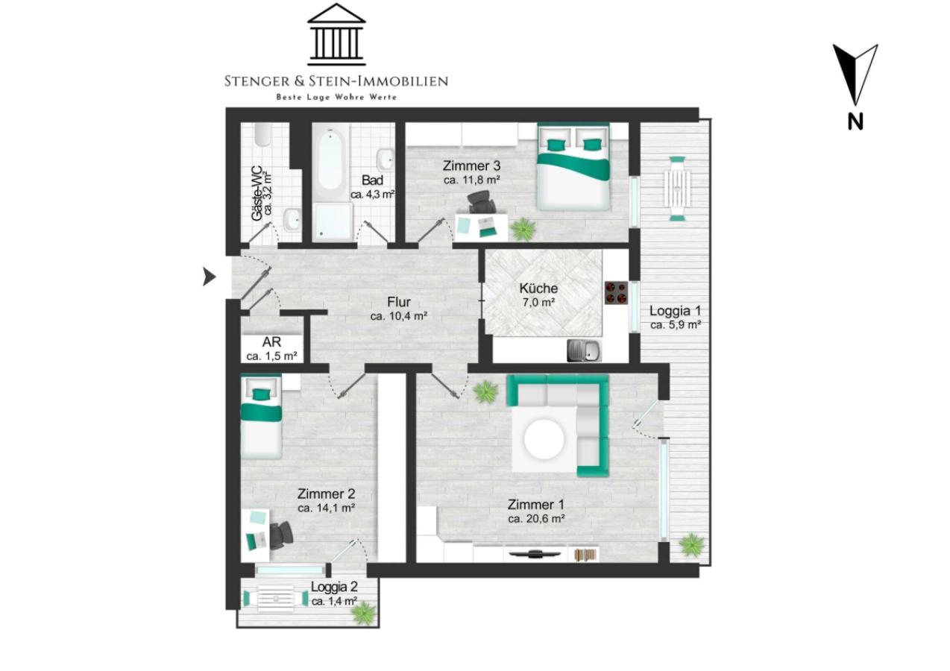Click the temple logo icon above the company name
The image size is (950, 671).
click(x=336, y=34)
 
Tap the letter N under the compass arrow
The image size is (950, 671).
click(x=855, y=122)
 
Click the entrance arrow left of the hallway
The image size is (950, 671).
click(x=209, y=277)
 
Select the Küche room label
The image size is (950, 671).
click(x=538, y=289)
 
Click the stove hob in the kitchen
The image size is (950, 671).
click(x=616, y=293)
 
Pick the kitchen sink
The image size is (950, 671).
click(x=585, y=350)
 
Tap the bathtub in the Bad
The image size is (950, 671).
click(x=330, y=161)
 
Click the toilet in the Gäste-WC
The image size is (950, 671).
click(x=263, y=133)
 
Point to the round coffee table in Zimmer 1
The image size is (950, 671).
click(x=544, y=439)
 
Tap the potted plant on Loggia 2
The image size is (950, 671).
click(x=364, y=613)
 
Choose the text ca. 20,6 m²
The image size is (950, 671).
click(x=536, y=519)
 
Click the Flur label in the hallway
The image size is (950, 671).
click(x=399, y=302)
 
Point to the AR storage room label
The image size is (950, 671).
click(x=271, y=342)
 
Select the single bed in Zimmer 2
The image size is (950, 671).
click(x=261, y=418)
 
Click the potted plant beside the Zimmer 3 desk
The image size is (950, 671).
click(x=523, y=230)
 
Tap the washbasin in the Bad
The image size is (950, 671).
click(x=387, y=159)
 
